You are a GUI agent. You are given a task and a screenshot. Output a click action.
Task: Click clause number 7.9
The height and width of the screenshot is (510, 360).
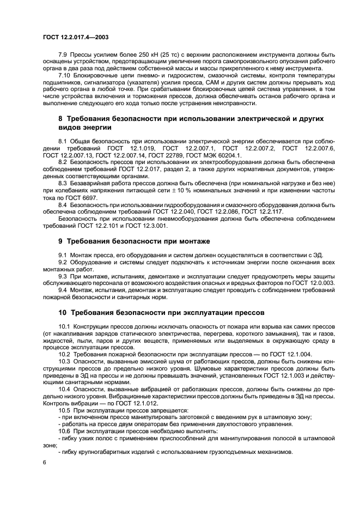click(63, 56)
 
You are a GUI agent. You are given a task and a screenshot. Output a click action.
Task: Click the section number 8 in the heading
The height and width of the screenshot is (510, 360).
click(60, 118)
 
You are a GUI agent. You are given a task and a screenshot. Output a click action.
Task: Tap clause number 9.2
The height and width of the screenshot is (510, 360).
click(63, 262)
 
